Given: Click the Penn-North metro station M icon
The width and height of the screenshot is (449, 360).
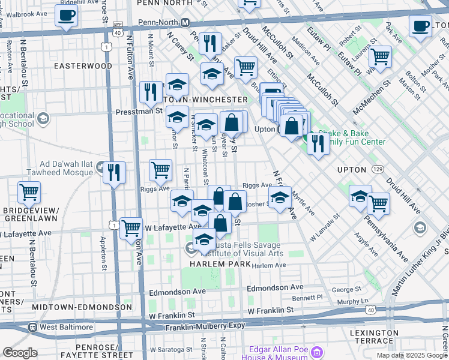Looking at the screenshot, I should coord(186,22).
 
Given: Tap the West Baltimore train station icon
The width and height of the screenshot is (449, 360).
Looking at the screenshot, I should coord(33,328).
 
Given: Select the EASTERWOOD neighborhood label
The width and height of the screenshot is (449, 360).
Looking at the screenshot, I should coord(83,65).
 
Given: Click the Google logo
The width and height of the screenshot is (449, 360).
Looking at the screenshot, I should coord(20,353).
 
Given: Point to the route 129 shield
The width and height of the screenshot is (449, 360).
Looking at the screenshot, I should coord(378,170).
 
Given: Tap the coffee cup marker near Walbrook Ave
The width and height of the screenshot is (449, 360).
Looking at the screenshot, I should coord(66,16).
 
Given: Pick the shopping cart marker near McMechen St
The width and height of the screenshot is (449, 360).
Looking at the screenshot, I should coord(380,57).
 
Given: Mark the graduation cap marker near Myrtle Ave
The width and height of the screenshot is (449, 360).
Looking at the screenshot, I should coord(280,197).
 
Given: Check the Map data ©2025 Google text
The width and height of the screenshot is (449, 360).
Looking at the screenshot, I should coord(412,355).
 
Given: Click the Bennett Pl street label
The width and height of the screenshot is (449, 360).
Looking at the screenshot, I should coord(312,298).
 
